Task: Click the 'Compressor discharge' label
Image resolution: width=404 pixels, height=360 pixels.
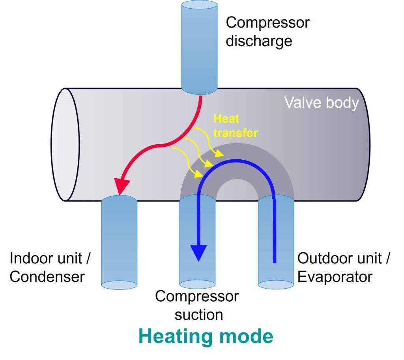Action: click(267, 31)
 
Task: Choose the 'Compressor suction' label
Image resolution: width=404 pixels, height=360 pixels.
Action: click(197, 305)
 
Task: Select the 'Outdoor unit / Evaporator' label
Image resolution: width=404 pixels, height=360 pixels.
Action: click(343, 267)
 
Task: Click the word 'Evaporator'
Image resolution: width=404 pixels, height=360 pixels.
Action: click(335, 276)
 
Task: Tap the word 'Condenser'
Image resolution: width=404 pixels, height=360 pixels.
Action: click(47, 276)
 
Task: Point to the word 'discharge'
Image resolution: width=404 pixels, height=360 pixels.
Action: click(259, 41)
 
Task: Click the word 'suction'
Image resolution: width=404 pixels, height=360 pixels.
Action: click(199, 315)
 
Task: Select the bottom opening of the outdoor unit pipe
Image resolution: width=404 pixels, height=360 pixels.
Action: click(276, 284)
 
